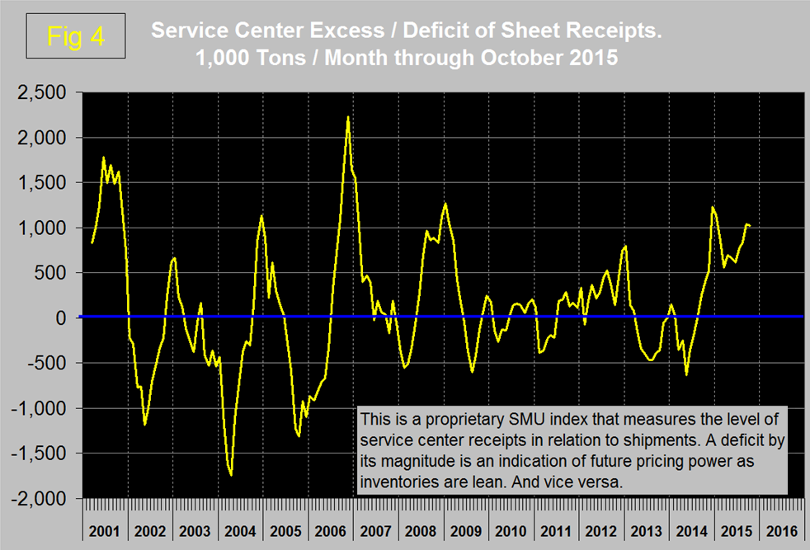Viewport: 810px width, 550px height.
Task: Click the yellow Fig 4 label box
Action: [x=74, y=36]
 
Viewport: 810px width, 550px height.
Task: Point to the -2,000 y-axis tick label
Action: [x=40, y=498]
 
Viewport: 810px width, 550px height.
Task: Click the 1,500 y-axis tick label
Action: [x=42, y=182]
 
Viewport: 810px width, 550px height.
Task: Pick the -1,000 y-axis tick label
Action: [x=40, y=408]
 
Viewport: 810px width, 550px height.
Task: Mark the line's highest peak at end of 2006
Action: [x=348, y=117]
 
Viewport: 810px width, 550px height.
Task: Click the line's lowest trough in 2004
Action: [x=231, y=475]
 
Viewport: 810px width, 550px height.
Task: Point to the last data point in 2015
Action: [x=749, y=225]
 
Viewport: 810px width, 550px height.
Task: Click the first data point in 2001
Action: [x=92, y=242]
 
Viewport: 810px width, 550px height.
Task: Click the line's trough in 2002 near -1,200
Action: [x=144, y=425]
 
